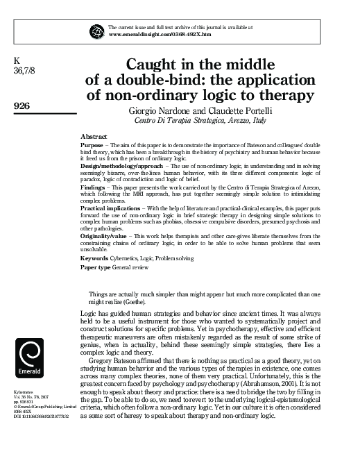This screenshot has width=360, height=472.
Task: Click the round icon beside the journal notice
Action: tap(96, 30)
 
